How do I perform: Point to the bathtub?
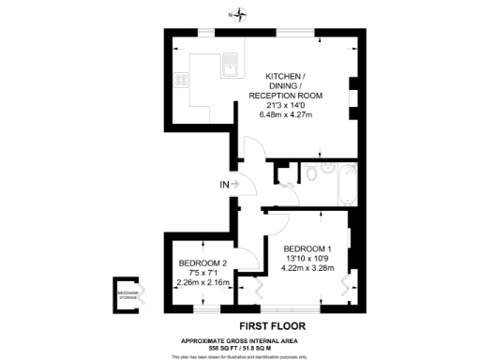point(343,187)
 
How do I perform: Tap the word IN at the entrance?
point(222,184)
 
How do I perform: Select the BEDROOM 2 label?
point(202,262)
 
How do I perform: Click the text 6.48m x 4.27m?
point(291,114)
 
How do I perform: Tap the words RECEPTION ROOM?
point(291,96)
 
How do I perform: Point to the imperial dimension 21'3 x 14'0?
point(291,105)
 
